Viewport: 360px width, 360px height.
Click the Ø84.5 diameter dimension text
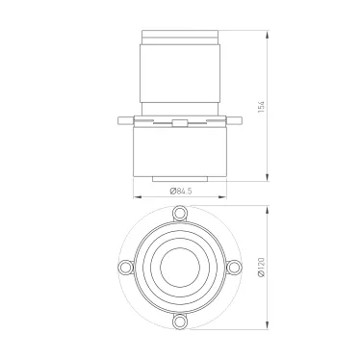coord(180,190)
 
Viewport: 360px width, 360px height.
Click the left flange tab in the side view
coord(123,121)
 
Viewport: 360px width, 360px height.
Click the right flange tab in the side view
coord(237,121)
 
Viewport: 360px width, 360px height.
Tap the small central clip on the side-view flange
coord(180,121)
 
